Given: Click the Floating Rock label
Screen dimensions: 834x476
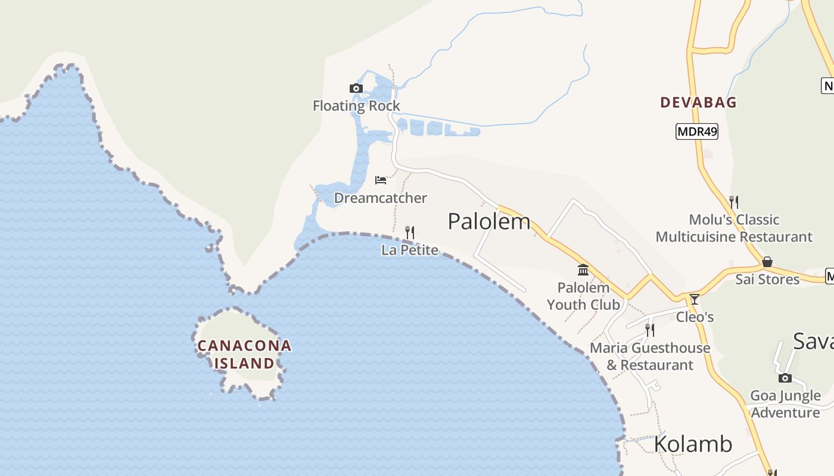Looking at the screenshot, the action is tap(356, 106).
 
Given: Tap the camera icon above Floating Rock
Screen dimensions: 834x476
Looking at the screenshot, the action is tap(356, 89).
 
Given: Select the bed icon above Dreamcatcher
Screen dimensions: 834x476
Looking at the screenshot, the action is tap(381, 180).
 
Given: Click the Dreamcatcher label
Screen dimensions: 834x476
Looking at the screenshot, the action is tap(380, 198).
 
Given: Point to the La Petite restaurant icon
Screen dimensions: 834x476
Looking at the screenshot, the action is tap(410, 232).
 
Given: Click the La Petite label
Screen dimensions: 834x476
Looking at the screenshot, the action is tap(410, 250).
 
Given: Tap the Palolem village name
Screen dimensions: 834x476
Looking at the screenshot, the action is tap(488, 221).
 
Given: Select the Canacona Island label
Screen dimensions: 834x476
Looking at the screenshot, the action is tap(244, 354).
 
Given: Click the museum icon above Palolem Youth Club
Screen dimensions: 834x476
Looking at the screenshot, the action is tap(583, 271).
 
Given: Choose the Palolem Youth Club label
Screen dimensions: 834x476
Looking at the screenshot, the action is tap(583, 296).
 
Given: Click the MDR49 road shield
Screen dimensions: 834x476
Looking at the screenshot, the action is tap(696, 131).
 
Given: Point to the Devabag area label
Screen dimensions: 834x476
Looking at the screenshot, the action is tap(698, 102).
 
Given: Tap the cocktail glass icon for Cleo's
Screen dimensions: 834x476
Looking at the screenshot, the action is tap(694, 299).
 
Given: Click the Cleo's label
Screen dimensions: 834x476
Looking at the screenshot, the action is tap(695, 317).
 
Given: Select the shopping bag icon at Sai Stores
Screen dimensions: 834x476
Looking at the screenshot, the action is tap(767, 262).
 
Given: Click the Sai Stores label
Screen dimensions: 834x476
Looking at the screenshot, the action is tap(767, 279).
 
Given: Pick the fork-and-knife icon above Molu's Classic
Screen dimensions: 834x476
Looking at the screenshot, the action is tap(734, 202).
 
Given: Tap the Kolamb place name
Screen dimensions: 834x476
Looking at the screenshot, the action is tap(693, 444).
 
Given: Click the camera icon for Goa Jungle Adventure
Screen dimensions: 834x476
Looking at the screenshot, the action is tap(785, 378).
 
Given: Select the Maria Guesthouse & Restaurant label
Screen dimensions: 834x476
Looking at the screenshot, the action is tap(650, 356).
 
